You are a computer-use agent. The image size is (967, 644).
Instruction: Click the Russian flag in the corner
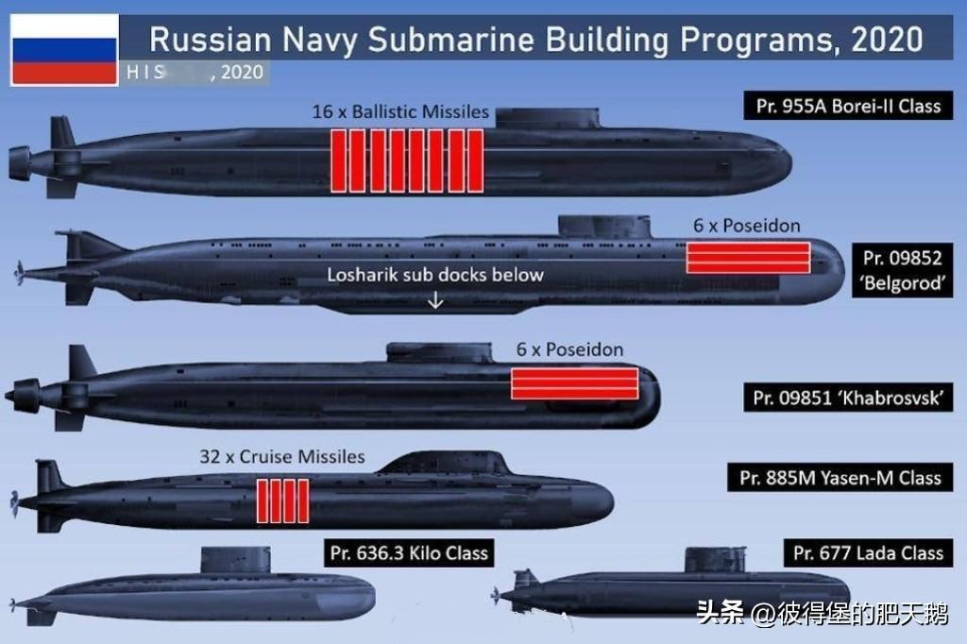(64, 49)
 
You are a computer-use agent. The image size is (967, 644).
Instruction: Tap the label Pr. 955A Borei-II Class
(848, 106)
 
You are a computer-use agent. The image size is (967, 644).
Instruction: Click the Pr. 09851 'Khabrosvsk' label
(848, 398)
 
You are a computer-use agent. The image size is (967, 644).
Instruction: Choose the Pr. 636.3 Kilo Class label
(409, 552)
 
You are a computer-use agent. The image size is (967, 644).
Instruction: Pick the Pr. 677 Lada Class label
(868, 553)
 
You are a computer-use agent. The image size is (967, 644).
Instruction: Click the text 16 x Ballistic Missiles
(400, 112)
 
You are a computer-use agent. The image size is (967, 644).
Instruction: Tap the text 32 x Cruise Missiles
(281, 457)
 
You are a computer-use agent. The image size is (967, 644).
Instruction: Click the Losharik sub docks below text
(435, 275)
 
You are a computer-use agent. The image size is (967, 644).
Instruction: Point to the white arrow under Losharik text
(435, 300)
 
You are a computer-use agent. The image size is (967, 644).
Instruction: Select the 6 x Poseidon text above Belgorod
(746, 226)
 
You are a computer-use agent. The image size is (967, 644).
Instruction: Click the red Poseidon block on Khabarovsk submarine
(574, 383)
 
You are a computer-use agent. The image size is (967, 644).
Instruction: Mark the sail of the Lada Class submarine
(715, 560)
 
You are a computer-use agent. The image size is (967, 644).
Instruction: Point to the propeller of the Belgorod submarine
(19, 274)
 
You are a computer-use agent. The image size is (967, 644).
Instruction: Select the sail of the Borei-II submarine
(548, 118)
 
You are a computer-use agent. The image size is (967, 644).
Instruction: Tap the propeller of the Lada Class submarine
(497, 594)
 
